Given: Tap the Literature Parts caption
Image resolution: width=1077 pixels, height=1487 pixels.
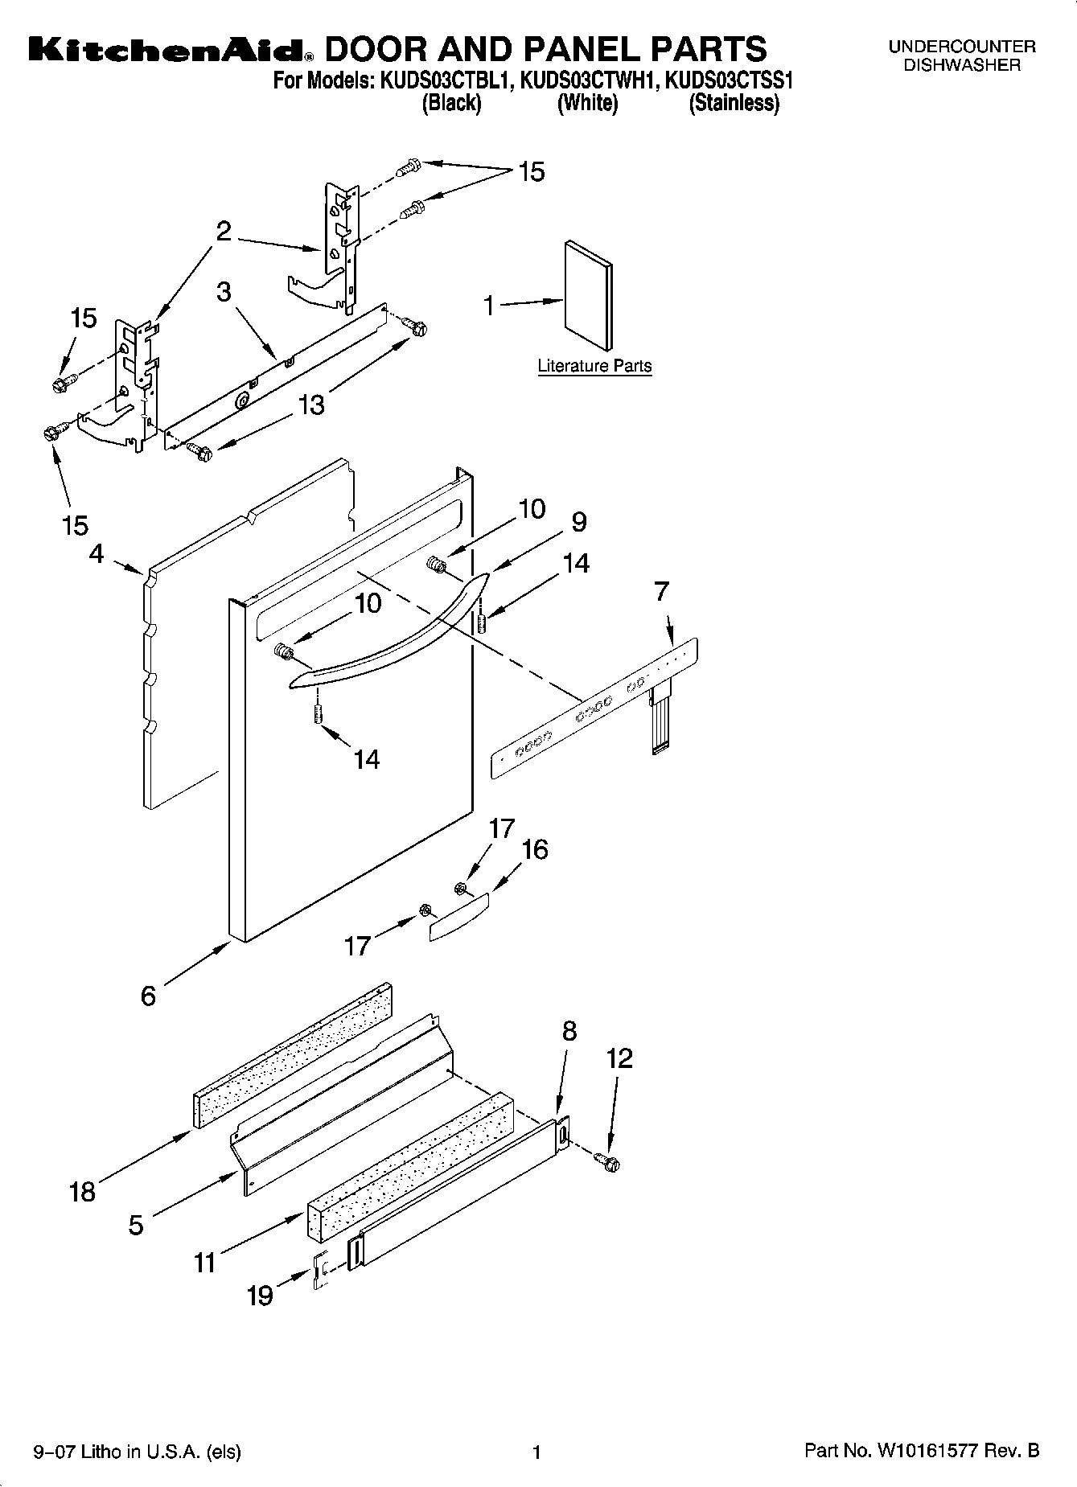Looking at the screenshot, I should tap(594, 366).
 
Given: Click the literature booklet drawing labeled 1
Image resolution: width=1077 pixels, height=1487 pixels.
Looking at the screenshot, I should tap(587, 296).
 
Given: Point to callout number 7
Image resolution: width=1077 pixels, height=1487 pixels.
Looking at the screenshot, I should tap(661, 592).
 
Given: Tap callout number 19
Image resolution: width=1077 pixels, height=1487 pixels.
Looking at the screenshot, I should tap(259, 1296).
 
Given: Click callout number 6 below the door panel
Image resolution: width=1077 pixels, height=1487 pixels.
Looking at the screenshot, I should tap(148, 996).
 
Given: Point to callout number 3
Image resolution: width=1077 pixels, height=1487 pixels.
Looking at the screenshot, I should tap(224, 291).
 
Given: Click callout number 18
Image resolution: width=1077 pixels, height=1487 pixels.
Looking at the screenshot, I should tap(82, 1191).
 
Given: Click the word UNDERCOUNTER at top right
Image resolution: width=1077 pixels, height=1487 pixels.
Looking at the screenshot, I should tap(962, 47).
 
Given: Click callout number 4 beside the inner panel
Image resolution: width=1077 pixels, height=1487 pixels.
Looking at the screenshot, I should tap(97, 553).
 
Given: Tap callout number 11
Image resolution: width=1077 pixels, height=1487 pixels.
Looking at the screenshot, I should tap(205, 1263).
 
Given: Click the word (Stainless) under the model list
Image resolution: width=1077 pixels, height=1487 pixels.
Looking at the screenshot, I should tap(734, 103).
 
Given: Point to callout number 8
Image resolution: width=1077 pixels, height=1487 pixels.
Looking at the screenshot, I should tap(569, 1031).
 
